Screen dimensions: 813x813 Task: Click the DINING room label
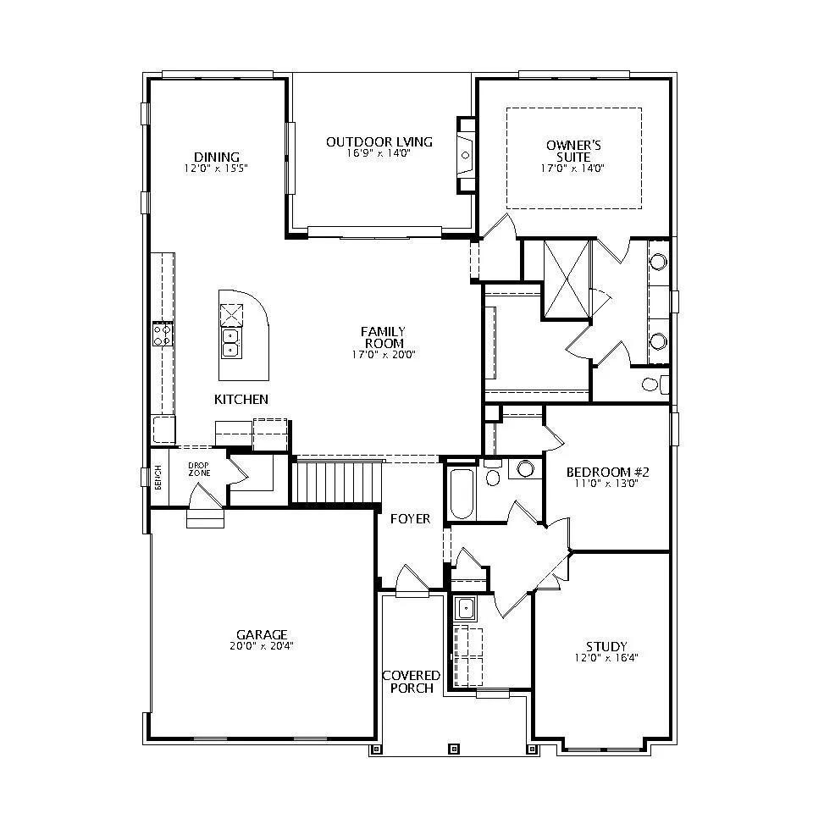click(x=217, y=157)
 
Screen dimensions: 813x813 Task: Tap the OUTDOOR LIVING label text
click(x=379, y=141)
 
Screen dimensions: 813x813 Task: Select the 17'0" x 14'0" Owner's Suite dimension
click(x=572, y=169)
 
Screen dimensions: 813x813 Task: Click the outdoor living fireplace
click(x=466, y=155)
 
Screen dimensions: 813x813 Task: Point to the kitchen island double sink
click(x=230, y=343)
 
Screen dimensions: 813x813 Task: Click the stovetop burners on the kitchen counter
click(x=163, y=335)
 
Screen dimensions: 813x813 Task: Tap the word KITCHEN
click(x=241, y=399)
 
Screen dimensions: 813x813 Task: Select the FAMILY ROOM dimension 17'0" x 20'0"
click(x=384, y=355)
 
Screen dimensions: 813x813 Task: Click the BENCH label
click(x=158, y=478)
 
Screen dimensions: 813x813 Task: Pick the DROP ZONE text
click(x=199, y=469)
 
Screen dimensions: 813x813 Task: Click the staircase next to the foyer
click(x=338, y=483)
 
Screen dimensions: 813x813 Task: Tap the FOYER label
click(x=410, y=518)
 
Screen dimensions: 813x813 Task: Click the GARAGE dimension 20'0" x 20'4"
click(x=262, y=646)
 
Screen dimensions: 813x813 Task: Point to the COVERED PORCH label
click(x=412, y=682)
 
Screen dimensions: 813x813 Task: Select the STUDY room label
click(x=606, y=646)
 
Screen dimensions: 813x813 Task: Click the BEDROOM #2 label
click(x=608, y=473)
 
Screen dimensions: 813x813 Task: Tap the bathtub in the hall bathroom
click(x=462, y=494)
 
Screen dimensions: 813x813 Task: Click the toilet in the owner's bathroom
click(x=655, y=384)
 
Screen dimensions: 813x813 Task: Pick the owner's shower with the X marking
click(x=567, y=279)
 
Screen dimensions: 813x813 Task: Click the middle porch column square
click(x=454, y=749)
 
